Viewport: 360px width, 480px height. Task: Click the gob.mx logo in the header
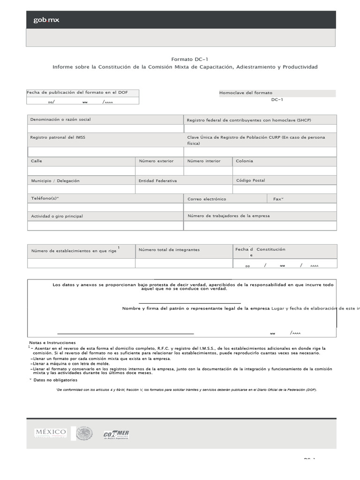coord(46,20)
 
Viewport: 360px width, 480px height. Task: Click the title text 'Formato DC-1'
coord(187,60)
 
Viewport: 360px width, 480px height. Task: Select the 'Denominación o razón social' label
coord(60,120)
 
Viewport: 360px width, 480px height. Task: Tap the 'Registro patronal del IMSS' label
coord(58,137)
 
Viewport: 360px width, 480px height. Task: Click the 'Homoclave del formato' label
coord(246,93)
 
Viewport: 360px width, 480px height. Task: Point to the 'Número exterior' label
coord(156,161)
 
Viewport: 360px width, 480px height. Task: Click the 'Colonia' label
coord(244,161)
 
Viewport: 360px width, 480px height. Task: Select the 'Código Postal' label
coord(250,180)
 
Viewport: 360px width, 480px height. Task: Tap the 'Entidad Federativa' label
coord(157,180)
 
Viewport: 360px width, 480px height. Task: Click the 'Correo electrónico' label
coord(207,199)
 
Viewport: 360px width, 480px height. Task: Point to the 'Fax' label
coord(278,199)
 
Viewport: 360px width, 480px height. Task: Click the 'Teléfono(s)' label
coord(45,198)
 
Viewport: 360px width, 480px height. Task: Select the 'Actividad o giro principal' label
coord(57,216)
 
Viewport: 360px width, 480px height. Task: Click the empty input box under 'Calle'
coord(81,171)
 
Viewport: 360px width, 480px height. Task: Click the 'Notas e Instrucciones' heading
coord(52,343)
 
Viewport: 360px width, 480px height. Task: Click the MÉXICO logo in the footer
coord(50,432)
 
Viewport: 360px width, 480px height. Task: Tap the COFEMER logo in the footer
coord(116,434)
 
